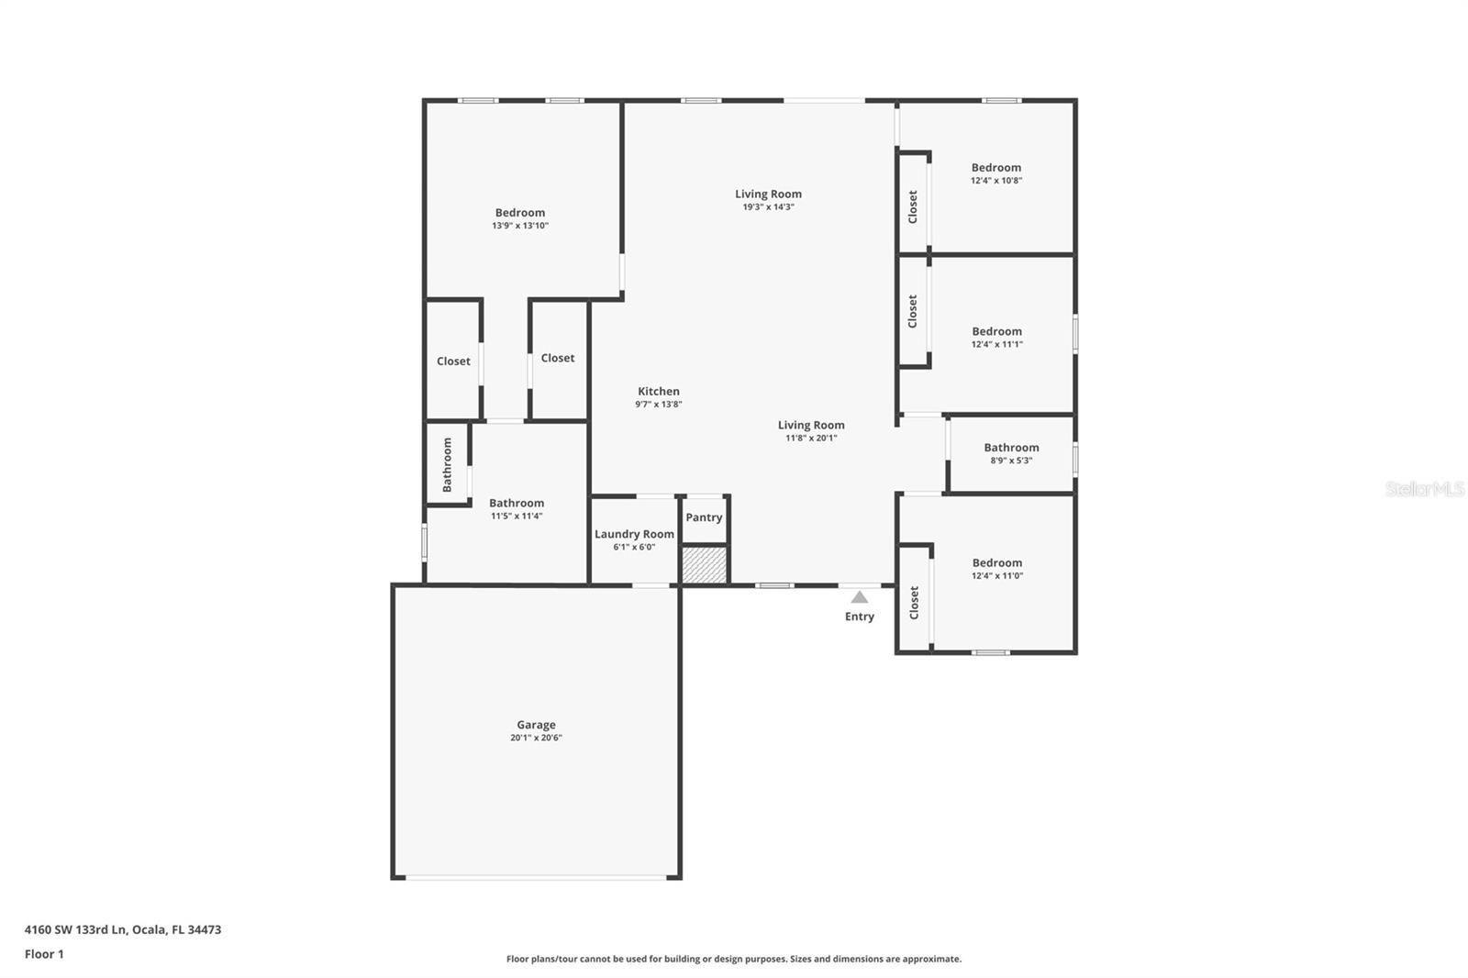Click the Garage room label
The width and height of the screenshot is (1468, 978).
coord(536,725)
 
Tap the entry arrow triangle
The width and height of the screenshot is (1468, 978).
coord(859,597)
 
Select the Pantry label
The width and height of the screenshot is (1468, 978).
coord(704,517)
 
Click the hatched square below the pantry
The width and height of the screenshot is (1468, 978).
coord(705,564)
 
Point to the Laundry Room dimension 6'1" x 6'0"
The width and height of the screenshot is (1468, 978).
coord(634,548)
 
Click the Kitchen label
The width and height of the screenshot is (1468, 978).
coord(659,392)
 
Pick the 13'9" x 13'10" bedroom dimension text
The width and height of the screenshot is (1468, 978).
coord(520,226)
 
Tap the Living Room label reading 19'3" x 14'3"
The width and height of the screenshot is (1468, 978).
coord(768,194)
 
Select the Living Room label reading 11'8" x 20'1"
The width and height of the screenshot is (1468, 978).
coord(811,426)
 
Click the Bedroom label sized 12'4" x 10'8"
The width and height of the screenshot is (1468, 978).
coord(996,168)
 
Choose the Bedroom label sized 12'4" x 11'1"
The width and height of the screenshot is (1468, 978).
coord(996,332)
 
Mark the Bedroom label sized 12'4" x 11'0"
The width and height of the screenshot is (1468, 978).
coord(996,563)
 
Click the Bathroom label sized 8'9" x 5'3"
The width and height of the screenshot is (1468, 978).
coord(1011,448)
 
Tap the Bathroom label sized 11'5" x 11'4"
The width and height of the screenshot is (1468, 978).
coord(517,504)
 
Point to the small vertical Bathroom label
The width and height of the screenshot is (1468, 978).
coord(448,464)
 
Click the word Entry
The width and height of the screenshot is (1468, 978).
coord(859,617)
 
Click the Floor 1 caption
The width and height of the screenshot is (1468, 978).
coord(44,954)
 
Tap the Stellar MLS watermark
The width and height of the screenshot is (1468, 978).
coord(1424,489)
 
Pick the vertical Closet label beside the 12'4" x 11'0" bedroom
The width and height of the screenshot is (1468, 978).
coord(914,603)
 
